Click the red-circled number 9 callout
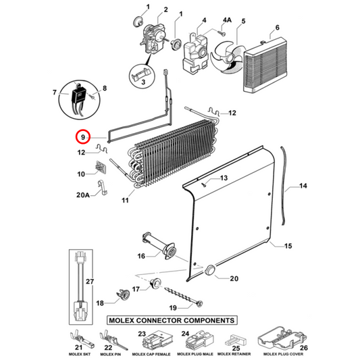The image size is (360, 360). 82,137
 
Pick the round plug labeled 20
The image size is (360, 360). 211,269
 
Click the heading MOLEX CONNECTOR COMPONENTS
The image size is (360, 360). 171,319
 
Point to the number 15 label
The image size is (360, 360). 289,246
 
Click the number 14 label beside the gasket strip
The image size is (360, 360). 302,185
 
